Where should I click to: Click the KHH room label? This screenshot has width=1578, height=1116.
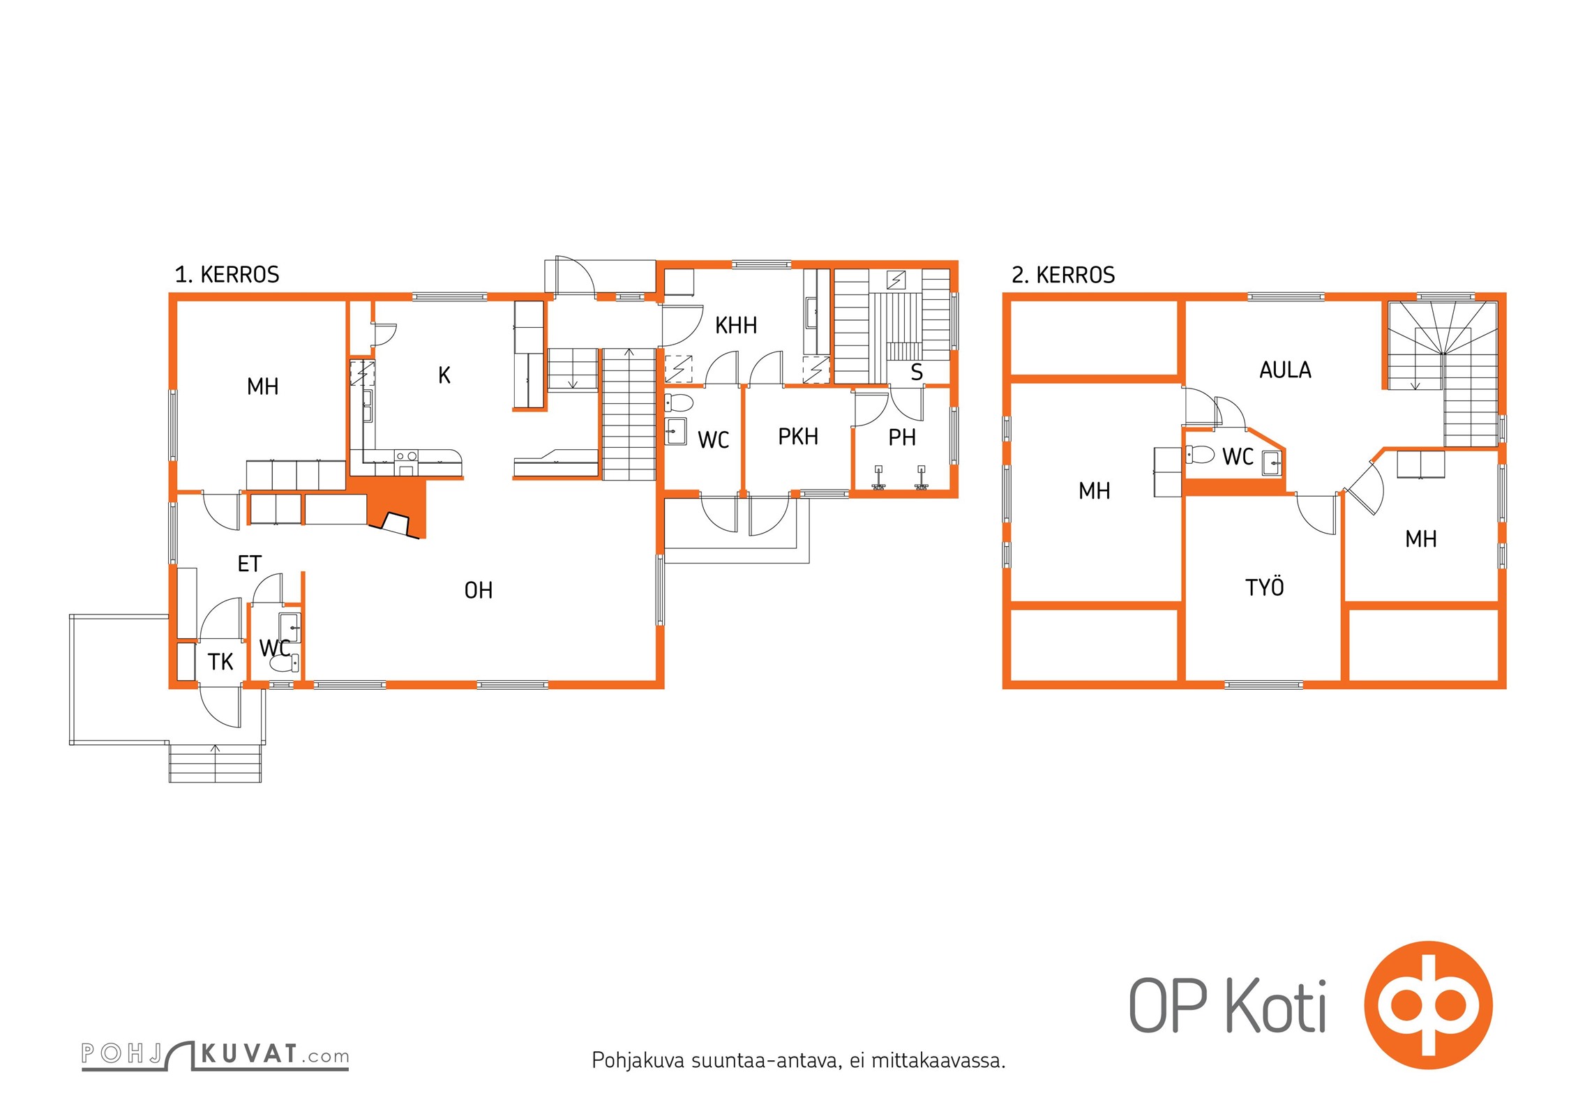tap(736, 325)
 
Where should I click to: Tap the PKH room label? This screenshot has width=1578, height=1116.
tap(798, 437)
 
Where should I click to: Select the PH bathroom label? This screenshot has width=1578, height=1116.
tap(902, 437)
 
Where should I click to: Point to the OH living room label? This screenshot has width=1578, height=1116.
tap(479, 591)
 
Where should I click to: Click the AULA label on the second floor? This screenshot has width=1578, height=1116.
tap(1285, 370)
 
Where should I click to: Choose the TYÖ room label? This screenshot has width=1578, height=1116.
tap(1264, 587)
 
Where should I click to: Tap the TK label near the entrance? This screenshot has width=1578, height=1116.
tap(220, 662)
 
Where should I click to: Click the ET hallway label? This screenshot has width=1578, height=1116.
tap(250, 564)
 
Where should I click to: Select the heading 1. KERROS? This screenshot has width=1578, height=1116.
tap(227, 275)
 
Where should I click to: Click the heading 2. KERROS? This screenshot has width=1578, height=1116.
tap(1063, 275)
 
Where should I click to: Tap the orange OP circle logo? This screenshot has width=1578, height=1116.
tap(1428, 1005)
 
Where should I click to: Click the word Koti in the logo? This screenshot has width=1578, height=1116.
tap(1276, 1006)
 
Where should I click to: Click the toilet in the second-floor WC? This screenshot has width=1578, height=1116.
tap(1200, 455)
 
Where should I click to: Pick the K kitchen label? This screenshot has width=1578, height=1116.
tap(444, 375)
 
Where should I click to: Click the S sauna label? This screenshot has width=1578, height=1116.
tap(917, 372)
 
